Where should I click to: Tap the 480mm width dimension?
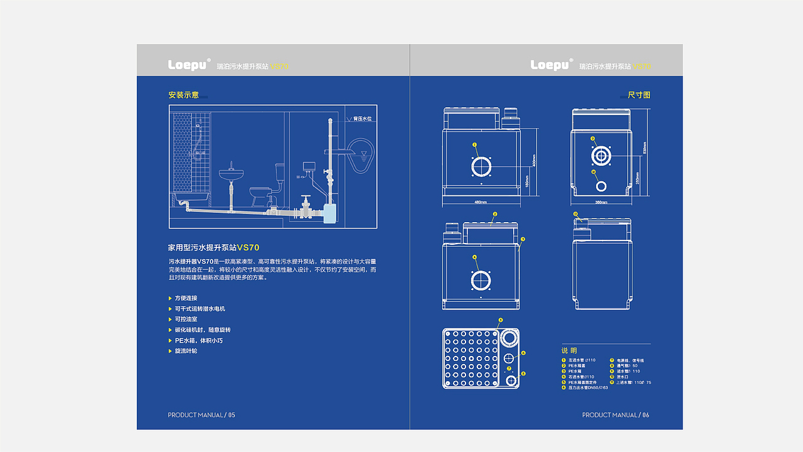[x=481, y=202]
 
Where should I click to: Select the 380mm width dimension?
[x=601, y=202]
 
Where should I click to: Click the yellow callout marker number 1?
[x=475, y=144]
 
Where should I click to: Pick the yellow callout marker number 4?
[x=474, y=257]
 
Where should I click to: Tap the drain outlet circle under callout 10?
[x=601, y=186]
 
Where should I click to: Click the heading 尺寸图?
[x=639, y=95]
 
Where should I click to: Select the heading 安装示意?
[x=183, y=95]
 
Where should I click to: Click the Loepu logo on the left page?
[x=188, y=65]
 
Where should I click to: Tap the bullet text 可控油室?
[x=186, y=319]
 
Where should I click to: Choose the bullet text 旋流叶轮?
[x=186, y=351]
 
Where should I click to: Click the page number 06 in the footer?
[x=646, y=415]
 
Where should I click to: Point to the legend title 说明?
[x=569, y=350]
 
